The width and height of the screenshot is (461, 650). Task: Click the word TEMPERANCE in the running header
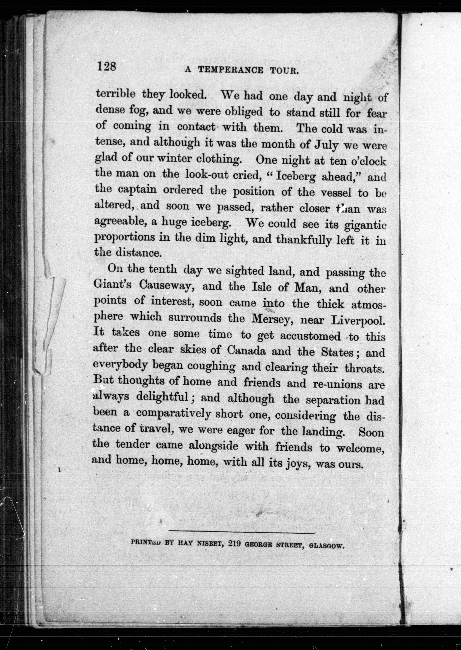(x=230, y=70)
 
